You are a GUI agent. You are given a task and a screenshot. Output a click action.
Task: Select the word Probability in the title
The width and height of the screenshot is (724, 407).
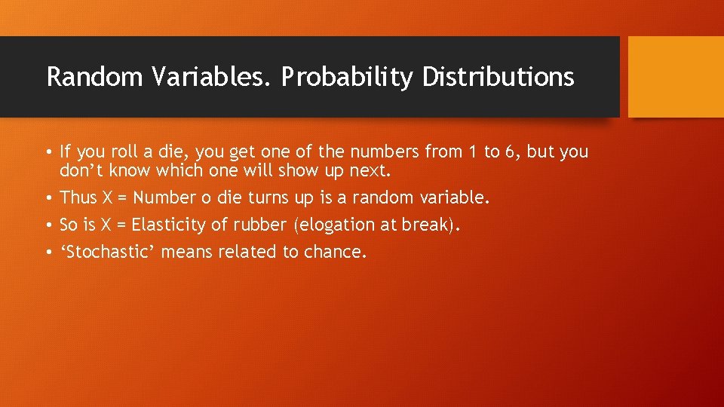tap(348, 77)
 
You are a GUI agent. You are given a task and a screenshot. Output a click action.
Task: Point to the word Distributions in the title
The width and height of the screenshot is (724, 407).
tap(499, 77)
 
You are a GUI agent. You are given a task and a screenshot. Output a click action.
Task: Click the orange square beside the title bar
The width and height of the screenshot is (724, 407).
tap(676, 77)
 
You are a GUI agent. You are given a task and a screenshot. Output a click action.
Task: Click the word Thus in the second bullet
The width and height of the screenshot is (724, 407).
tap(77, 197)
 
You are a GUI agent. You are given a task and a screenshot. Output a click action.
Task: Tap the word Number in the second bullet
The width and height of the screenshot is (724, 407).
tap(164, 197)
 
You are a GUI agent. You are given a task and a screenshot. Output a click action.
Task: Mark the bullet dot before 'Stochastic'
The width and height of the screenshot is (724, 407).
tap(48, 252)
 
